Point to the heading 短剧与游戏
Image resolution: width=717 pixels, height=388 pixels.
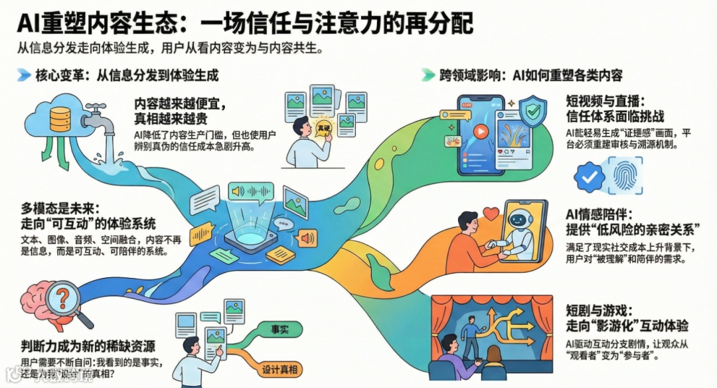[594, 310]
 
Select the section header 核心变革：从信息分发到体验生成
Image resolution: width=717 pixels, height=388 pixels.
[126, 75]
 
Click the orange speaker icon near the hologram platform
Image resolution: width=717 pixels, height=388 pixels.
[307, 238]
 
